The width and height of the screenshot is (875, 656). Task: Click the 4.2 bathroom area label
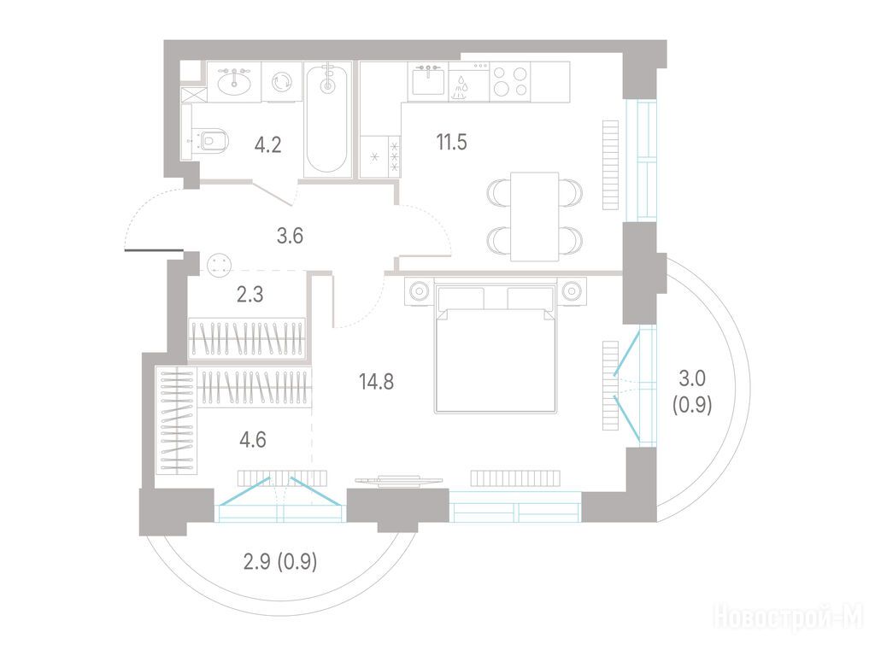click(267, 145)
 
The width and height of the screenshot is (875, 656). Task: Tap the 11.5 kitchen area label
click(451, 142)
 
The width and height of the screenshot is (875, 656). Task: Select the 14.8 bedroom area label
click(377, 382)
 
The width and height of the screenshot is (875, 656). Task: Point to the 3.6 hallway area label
click(290, 236)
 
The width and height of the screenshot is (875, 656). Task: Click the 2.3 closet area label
click(250, 294)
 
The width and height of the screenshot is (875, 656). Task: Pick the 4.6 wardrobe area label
click(253, 440)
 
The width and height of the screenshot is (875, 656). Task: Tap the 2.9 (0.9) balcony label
click(280, 561)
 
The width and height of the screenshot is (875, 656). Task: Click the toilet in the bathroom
click(209, 139)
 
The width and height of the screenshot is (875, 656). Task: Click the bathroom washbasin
click(234, 82)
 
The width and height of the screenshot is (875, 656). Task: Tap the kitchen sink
click(428, 81)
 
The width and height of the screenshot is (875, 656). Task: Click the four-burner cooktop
click(510, 81)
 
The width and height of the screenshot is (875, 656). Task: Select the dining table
click(535, 216)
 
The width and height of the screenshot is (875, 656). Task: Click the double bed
click(496, 348)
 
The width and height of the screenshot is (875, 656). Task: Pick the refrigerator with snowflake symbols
click(380, 157)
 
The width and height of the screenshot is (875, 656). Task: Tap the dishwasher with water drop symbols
click(469, 81)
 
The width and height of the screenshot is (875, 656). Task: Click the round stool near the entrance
click(219, 265)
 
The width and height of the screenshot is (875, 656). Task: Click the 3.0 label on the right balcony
click(692, 378)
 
